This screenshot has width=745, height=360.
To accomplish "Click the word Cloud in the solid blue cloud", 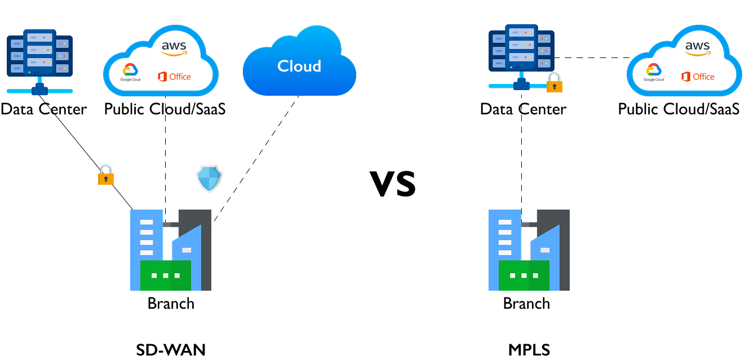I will [299, 66].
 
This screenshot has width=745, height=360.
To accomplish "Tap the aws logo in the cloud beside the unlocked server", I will [174, 48].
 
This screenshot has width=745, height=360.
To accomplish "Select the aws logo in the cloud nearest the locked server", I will [697, 48].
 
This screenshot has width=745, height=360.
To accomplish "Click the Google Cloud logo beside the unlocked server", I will [130, 72].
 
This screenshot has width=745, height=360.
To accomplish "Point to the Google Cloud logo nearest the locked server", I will [654, 72].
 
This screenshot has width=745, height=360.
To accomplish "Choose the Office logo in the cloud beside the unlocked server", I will [175, 77].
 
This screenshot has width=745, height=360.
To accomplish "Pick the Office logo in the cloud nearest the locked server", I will [698, 77].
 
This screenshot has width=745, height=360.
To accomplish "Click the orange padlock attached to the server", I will [555, 83].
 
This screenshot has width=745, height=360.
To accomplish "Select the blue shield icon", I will [209, 179].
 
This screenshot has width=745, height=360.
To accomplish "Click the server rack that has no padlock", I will [39, 54].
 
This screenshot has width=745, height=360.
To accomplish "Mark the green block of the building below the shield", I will [165, 275].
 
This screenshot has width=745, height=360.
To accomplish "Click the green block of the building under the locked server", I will [524, 275].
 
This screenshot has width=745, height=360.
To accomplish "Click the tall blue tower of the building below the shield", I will [147, 237].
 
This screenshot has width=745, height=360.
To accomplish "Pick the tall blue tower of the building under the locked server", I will [505, 237].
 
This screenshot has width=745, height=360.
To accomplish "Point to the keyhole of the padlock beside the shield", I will [106, 179].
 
